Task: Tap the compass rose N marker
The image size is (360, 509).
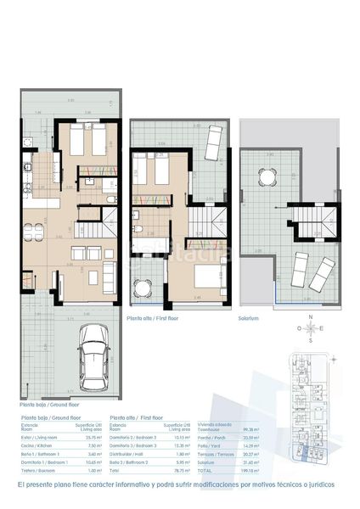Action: click(312, 316)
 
